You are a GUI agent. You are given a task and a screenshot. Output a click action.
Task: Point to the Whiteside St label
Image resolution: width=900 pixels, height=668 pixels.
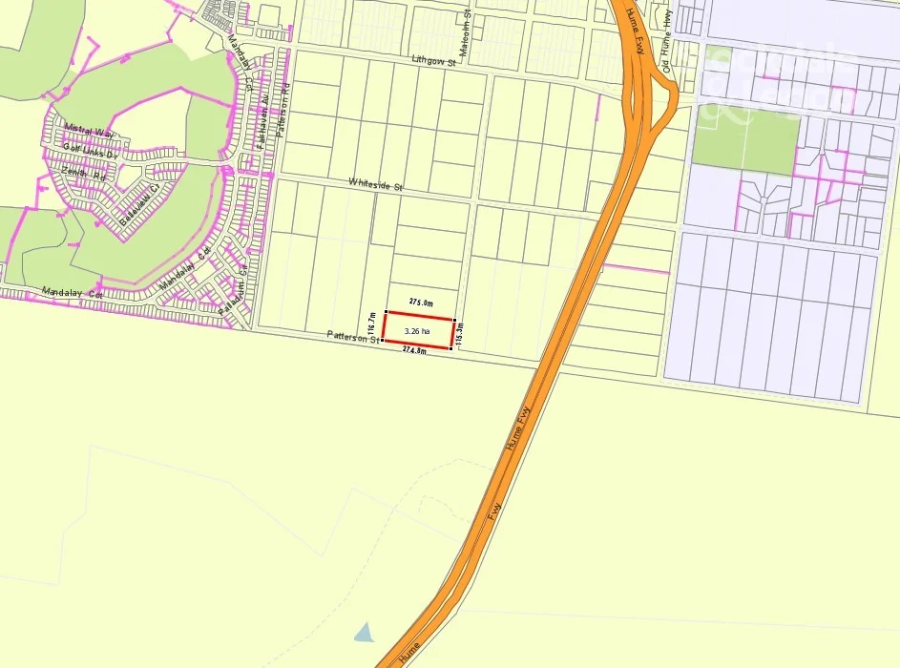tap(375, 184)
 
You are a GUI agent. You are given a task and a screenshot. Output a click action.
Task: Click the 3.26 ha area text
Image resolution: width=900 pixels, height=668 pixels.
tap(417, 331)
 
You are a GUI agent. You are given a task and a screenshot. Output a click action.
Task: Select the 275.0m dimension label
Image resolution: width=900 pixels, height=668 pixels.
tap(421, 303)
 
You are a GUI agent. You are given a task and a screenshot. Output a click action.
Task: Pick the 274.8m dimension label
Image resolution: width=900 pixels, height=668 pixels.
tap(413, 350)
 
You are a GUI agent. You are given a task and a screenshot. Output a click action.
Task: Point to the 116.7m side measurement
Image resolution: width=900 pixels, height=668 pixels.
tap(371, 325)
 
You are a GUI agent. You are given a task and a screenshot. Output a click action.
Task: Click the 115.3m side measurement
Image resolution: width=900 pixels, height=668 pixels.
tap(460, 335)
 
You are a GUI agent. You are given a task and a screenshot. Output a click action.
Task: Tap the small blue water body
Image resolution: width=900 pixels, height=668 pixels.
tap(363, 631)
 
